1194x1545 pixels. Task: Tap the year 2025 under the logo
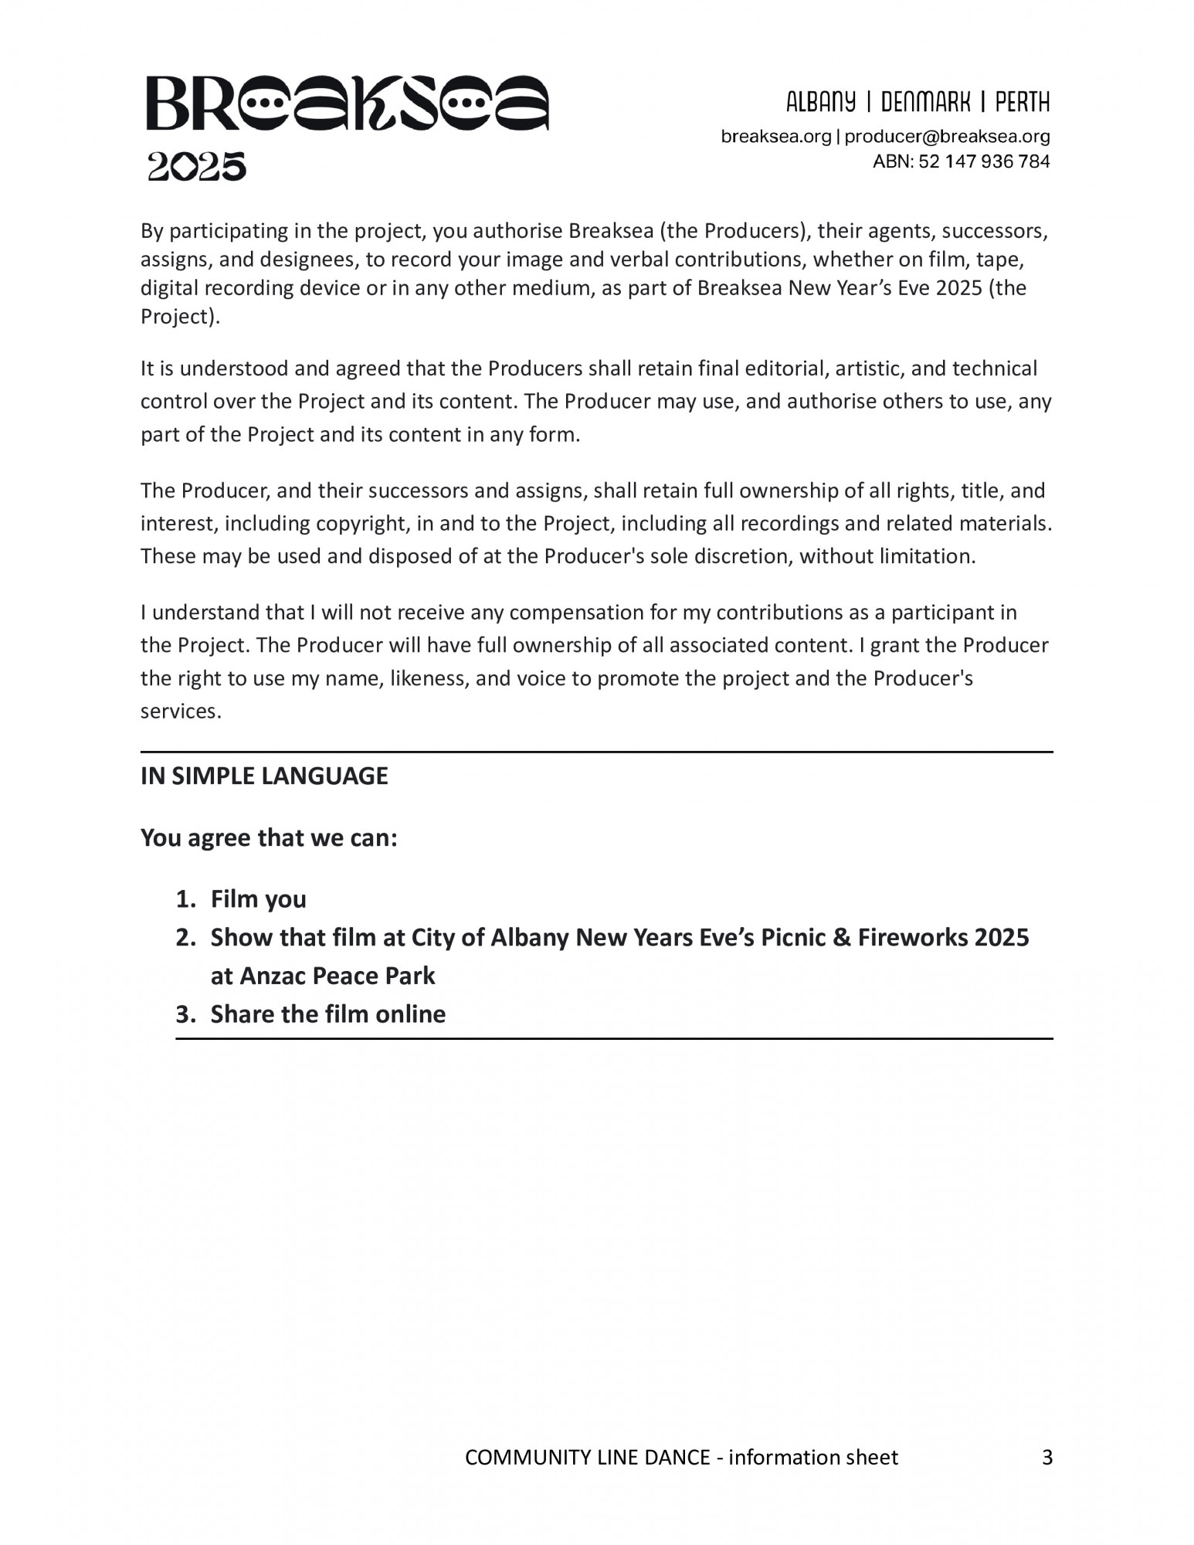click(197, 167)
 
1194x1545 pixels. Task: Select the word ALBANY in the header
click(821, 102)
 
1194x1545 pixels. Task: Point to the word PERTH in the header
click(1022, 102)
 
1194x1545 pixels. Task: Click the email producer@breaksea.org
click(947, 137)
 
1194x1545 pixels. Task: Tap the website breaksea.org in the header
click(775, 137)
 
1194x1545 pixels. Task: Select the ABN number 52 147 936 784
click(984, 161)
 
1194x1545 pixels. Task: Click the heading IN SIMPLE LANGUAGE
click(264, 776)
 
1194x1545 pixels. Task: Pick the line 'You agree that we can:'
click(269, 837)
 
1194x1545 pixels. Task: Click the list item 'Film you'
click(259, 899)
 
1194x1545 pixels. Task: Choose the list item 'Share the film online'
click(328, 1014)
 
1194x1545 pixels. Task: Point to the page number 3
click(1047, 1458)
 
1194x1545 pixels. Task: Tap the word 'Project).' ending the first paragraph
click(180, 317)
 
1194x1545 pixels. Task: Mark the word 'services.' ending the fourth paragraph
click(181, 711)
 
